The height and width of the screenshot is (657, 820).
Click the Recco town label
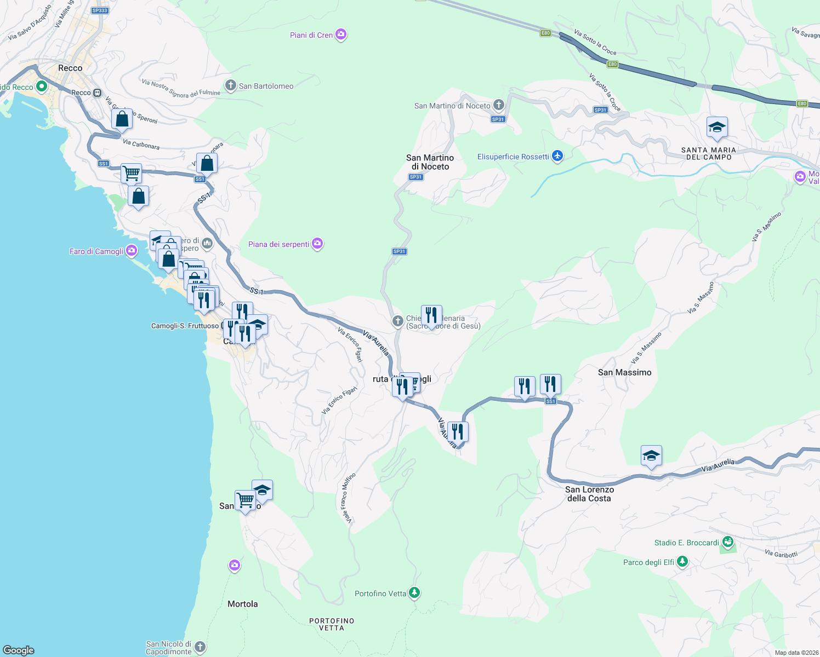(70, 68)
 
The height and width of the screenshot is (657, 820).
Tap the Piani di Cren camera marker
(341, 34)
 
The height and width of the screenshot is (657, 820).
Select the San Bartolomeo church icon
(231, 85)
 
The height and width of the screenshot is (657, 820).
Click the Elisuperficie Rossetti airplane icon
(557, 157)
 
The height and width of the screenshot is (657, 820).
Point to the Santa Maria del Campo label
(709, 153)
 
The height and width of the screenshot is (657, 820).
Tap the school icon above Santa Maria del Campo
(717, 128)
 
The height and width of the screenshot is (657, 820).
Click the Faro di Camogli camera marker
(132, 251)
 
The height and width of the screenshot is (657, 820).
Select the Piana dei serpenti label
(278, 244)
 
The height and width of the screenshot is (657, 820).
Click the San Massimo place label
(624, 372)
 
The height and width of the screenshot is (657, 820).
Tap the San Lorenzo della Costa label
(589, 494)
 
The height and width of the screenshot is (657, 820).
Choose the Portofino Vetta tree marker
(415, 593)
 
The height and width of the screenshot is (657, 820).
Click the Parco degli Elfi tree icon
(682, 562)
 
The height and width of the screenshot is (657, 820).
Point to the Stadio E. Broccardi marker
(728, 542)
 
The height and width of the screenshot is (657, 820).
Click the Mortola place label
(242, 604)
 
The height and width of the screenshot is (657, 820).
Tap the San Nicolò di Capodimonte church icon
(200, 647)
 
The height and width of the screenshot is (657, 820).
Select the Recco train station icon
(97, 93)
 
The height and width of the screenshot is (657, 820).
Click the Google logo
(19, 650)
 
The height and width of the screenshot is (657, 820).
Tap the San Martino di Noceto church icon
(498, 105)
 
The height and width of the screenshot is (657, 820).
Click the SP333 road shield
(100, 10)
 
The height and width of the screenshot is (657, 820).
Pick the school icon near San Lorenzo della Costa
(651, 456)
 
